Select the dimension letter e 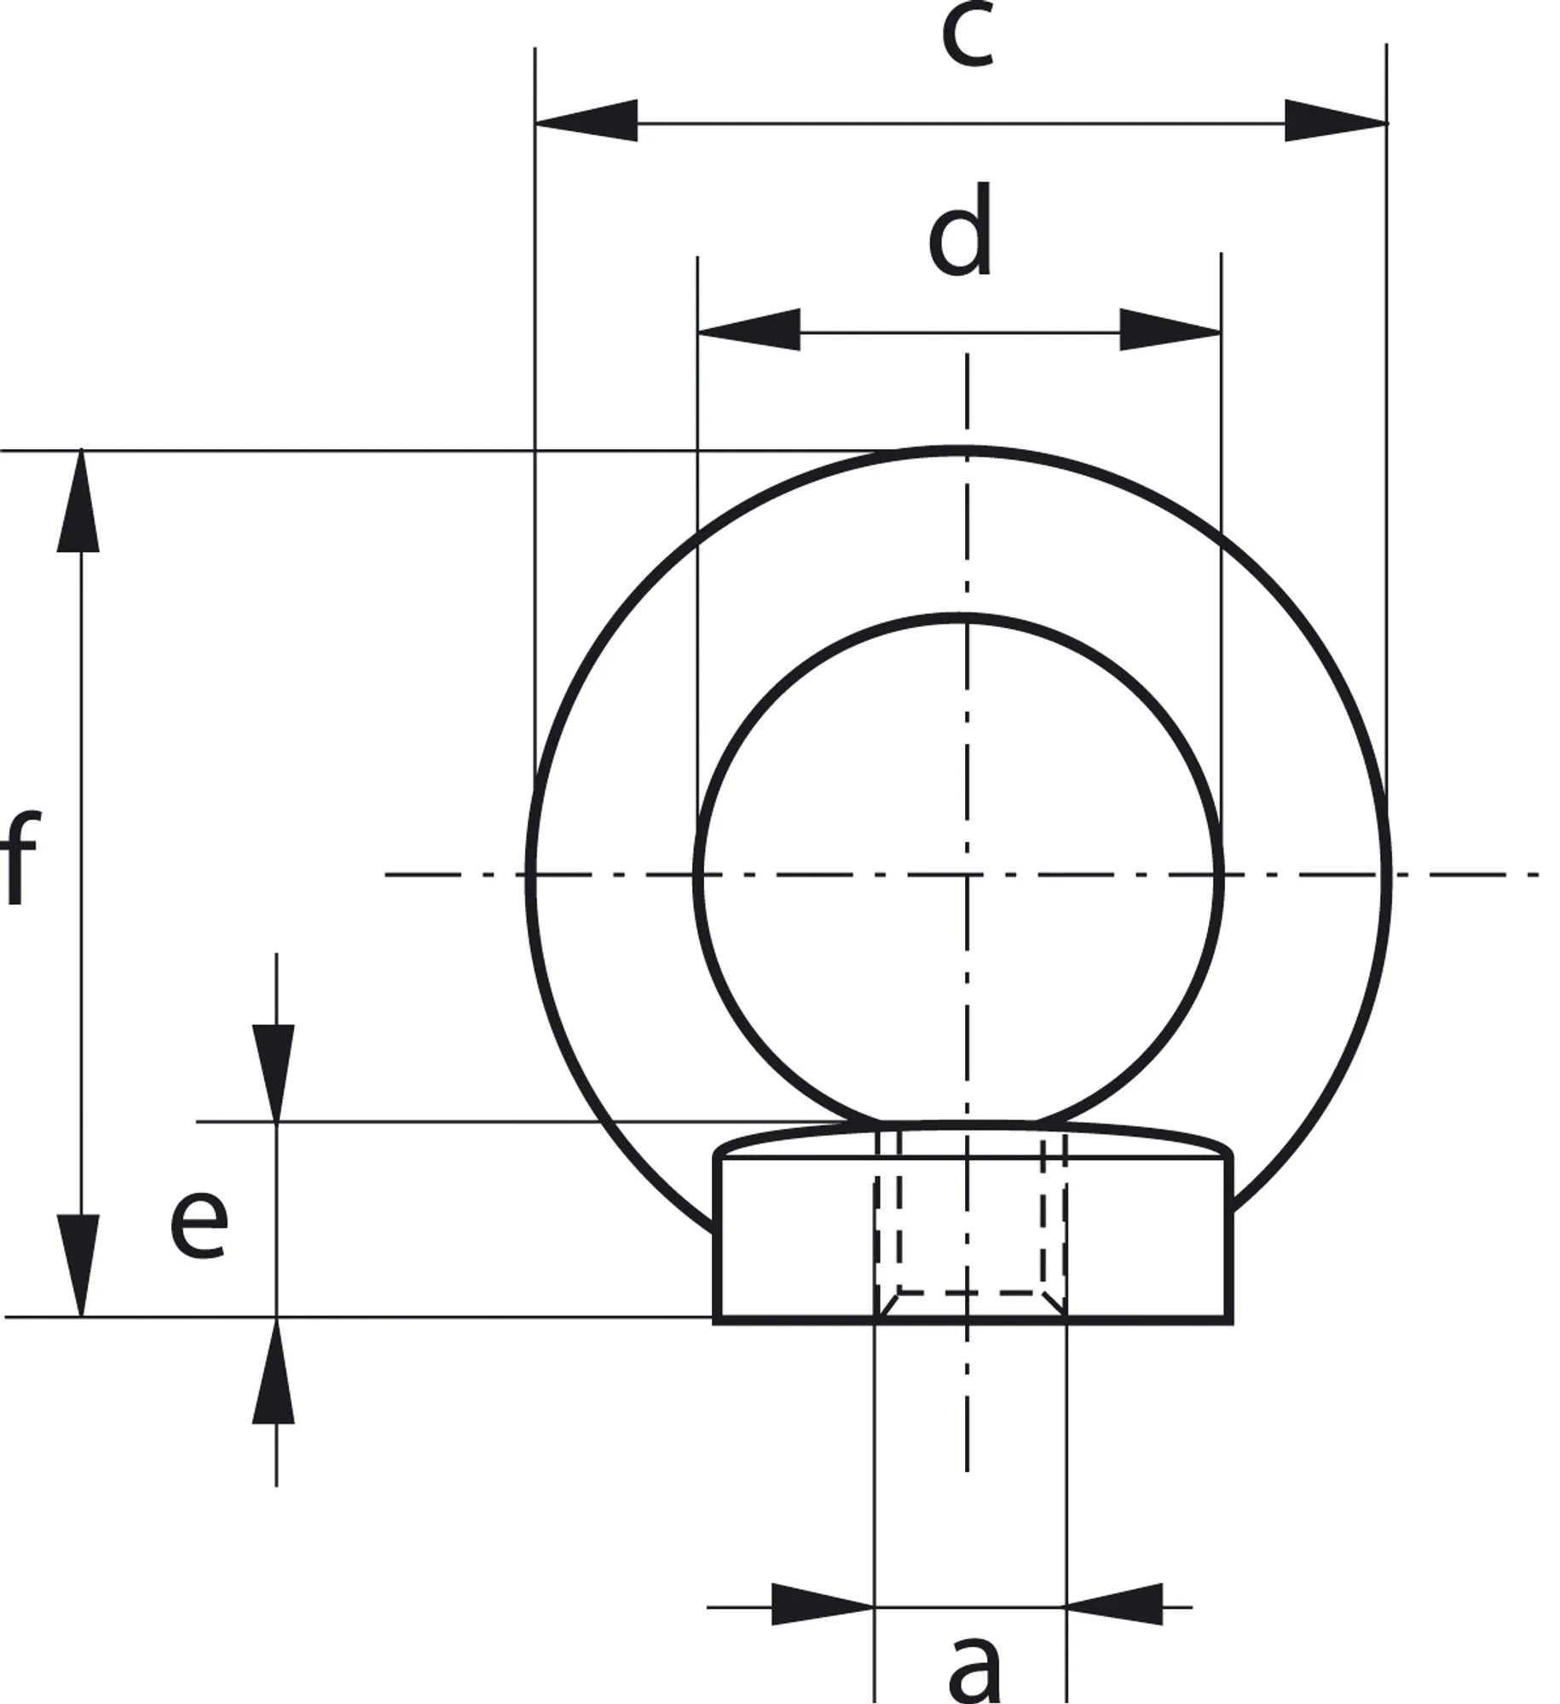[199, 1224]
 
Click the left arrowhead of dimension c [586, 120]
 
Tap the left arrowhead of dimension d [748, 329]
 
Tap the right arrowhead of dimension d [1170, 329]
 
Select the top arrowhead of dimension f [79, 501]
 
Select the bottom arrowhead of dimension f [79, 1265]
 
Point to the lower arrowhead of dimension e [274, 1370]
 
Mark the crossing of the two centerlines [966, 874]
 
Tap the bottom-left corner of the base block [716, 1321]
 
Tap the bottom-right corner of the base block [1229, 1321]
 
